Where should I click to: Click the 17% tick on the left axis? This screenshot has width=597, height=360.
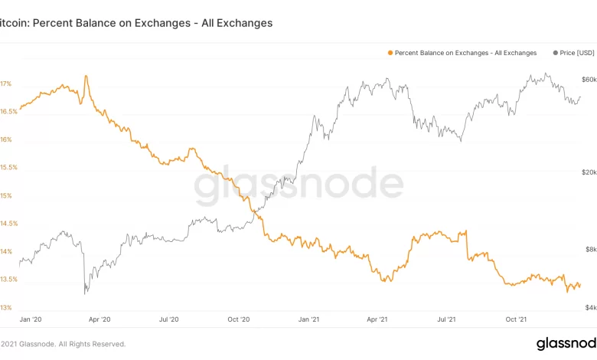coord(5,83)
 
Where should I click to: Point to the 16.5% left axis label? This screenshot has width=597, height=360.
coord(8,112)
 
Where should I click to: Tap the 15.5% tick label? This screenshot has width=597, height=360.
coord(8,168)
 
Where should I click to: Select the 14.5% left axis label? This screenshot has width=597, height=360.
coord(8,224)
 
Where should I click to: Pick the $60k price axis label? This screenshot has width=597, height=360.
coord(589,80)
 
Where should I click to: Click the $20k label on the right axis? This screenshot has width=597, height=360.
coord(589,172)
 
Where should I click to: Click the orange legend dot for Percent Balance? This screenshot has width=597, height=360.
coord(390,53)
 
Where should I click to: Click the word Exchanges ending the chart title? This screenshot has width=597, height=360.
coord(241,23)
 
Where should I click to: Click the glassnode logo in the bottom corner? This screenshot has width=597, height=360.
coord(566,342)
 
